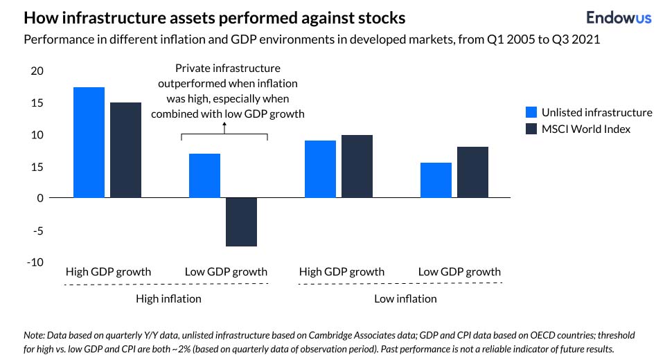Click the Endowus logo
619,18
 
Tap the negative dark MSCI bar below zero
242,222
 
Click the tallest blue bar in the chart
89,143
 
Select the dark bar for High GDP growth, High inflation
125,150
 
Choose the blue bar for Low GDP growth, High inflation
205,176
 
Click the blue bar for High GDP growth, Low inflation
321,169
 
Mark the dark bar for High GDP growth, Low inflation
357,166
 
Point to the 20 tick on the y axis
37,71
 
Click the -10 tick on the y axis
35,262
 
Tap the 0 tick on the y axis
40,198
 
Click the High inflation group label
168,298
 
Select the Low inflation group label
405,298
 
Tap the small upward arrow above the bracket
224,125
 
